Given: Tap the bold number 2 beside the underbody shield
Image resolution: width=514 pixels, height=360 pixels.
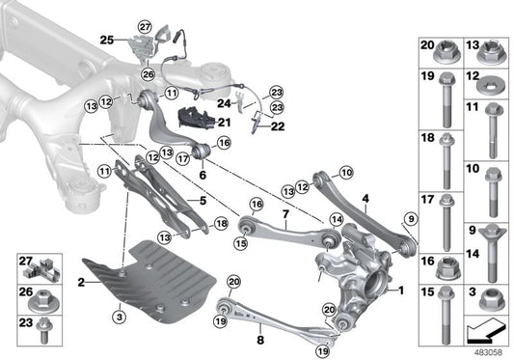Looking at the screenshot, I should point(83,282).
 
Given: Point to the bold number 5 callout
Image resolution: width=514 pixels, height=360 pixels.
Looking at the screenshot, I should point(203,201).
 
